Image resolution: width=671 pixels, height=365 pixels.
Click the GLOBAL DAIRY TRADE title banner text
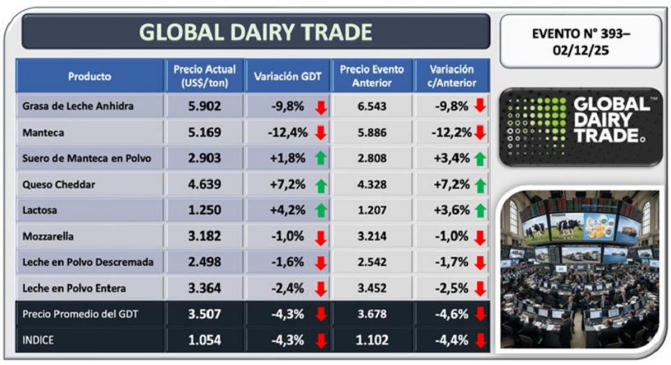click(x=255, y=32)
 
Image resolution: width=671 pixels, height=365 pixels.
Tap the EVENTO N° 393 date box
click(x=580, y=42)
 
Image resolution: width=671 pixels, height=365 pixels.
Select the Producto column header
click(x=89, y=76)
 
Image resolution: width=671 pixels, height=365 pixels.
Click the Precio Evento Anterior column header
click(x=372, y=76)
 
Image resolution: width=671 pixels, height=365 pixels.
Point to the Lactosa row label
click(x=41, y=211)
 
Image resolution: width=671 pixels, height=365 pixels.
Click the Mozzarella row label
click(x=49, y=237)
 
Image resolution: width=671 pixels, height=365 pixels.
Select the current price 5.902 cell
click(x=204, y=107)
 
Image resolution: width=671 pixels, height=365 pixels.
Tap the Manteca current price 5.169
click(x=204, y=133)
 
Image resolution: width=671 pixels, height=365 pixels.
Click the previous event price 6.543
click(x=372, y=107)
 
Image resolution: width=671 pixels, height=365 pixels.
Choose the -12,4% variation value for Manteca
click(x=288, y=133)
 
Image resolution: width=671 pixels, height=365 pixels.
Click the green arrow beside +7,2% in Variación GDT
click(x=321, y=185)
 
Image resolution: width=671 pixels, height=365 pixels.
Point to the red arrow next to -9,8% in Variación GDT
click(x=321, y=107)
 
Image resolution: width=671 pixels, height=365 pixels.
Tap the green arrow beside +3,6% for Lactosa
click(x=480, y=211)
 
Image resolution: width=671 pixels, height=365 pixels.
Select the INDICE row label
click(x=39, y=340)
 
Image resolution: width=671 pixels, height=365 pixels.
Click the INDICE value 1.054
click(x=204, y=340)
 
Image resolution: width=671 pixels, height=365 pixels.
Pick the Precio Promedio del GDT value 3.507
click(x=204, y=314)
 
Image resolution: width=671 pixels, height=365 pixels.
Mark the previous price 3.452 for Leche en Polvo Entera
click(x=372, y=288)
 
